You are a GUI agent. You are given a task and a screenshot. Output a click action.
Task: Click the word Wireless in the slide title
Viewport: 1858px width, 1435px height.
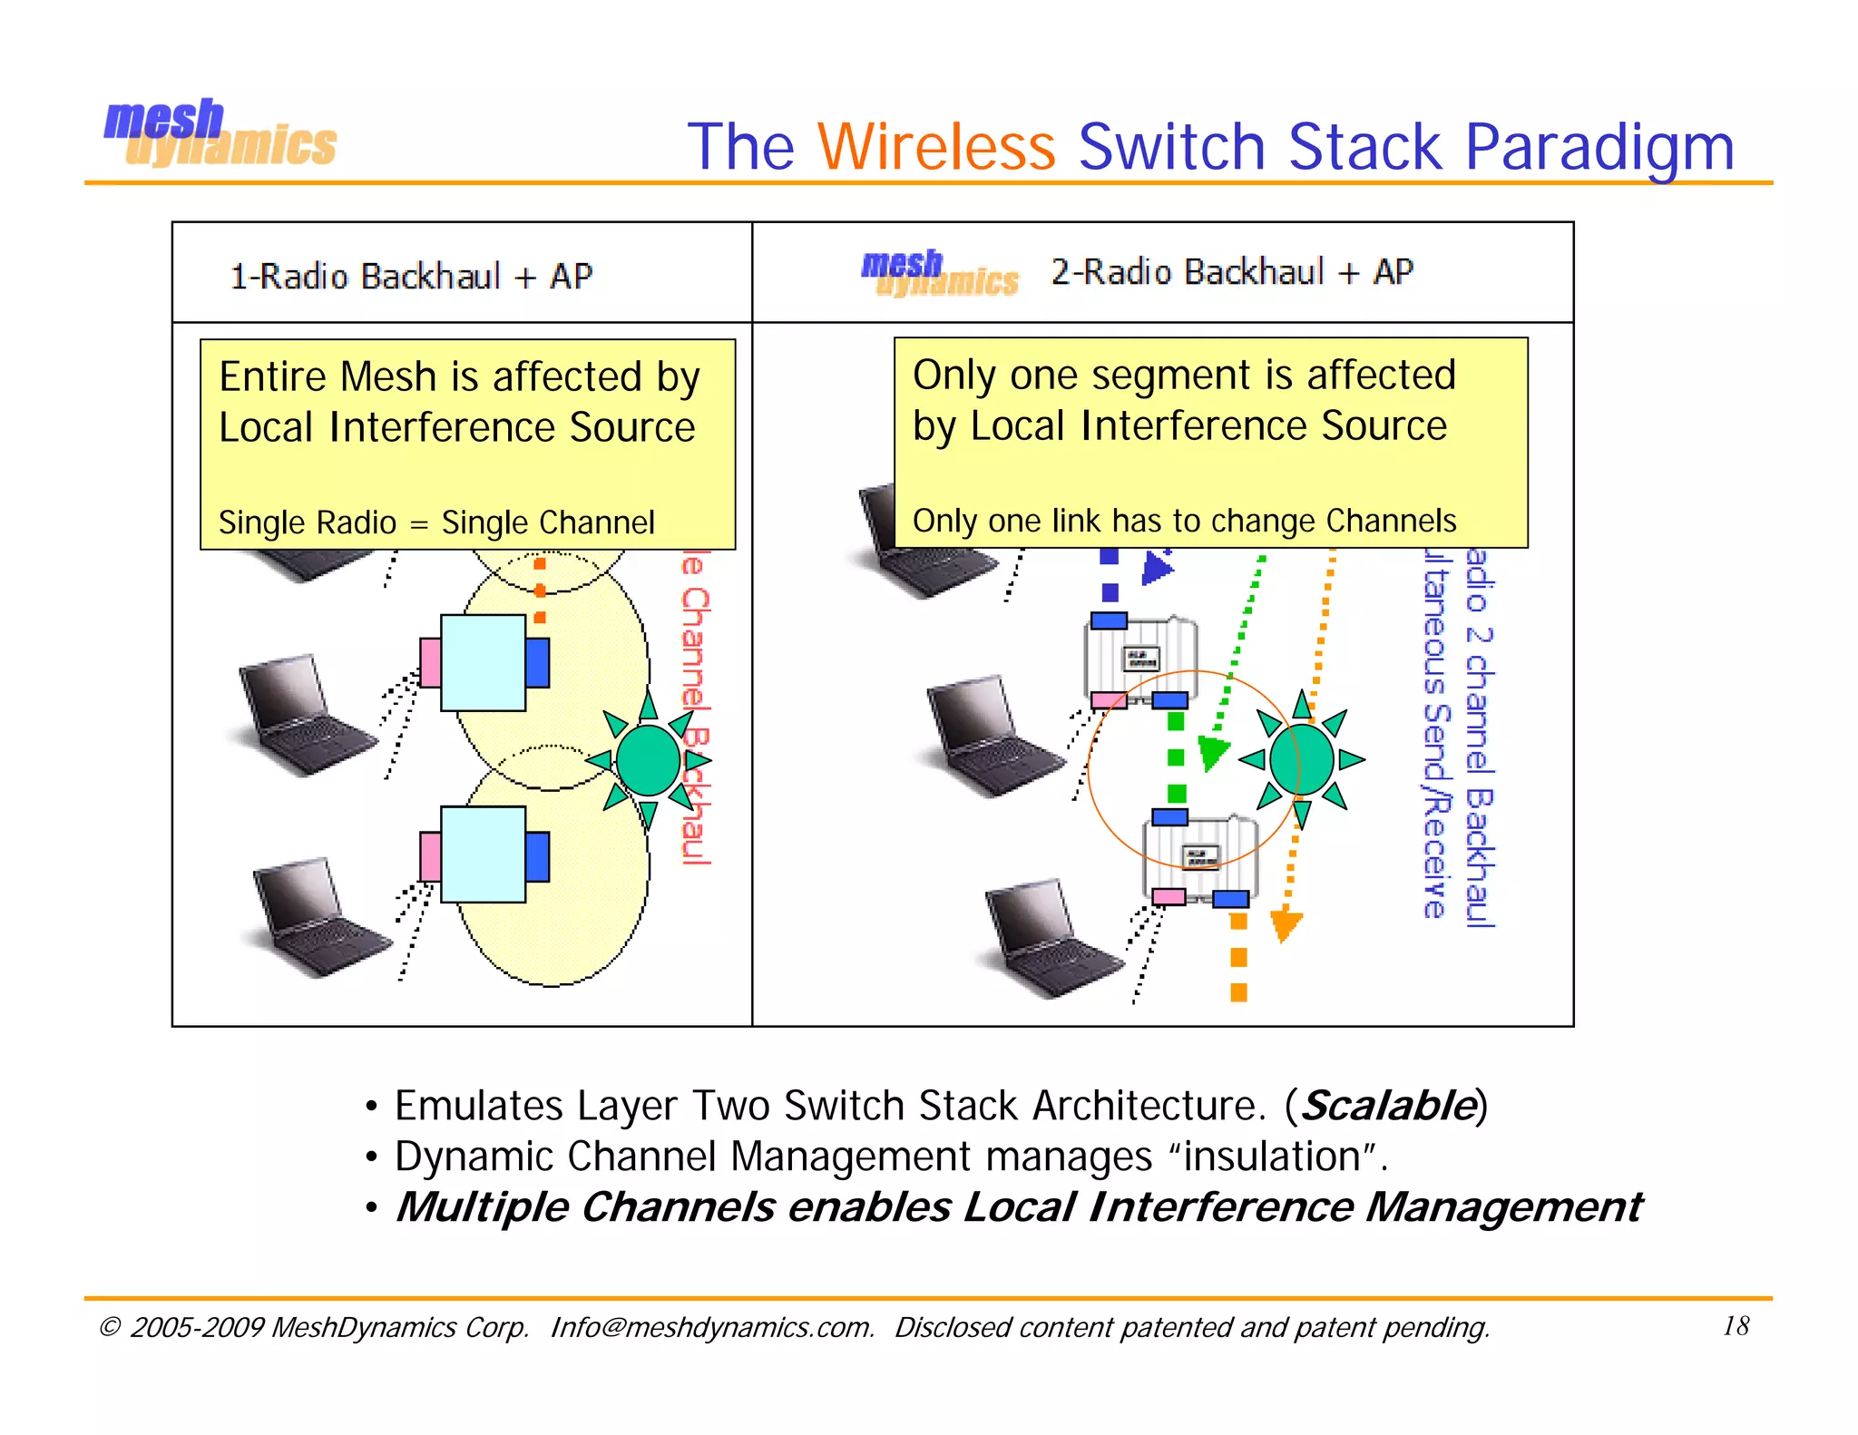pyautogui.click(x=936, y=146)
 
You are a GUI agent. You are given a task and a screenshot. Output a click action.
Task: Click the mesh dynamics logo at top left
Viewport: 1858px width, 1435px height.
pyautogui.click(x=220, y=134)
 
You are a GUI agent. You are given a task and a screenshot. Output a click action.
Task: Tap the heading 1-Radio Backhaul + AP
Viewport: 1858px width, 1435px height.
pyautogui.click(x=411, y=276)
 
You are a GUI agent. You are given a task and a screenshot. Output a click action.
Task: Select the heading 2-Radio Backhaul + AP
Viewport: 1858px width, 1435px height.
pyautogui.click(x=1231, y=271)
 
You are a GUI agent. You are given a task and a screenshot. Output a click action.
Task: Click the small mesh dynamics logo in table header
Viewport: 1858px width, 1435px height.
pyautogui.click(x=939, y=273)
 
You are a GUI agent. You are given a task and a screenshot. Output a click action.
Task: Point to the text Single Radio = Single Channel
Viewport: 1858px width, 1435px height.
pyautogui.click(x=436, y=522)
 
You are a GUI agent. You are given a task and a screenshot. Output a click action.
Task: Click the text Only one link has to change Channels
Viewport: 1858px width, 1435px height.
pyautogui.click(x=1184, y=521)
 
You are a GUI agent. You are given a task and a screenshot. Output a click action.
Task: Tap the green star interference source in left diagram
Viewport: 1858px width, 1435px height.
pyautogui.click(x=648, y=760)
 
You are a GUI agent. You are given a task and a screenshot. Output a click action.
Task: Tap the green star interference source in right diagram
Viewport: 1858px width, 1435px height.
pyautogui.click(x=1302, y=759)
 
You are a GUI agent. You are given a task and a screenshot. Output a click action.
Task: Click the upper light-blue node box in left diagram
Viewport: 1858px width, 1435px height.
pyautogui.click(x=483, y=662)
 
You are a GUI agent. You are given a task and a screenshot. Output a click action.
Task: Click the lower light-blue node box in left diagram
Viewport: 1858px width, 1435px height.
pyautogui.click(x=483, y=854)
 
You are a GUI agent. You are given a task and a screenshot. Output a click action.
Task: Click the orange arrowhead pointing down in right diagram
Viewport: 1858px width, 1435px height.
pyautogui.click(x=1285, y=925)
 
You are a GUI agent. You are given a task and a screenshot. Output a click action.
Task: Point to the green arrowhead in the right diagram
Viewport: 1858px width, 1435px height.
pyautogui.click(x=1212, y=751)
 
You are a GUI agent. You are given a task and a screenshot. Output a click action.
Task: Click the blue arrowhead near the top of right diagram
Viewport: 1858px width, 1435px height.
pyautogui.click(x=1156, y=570)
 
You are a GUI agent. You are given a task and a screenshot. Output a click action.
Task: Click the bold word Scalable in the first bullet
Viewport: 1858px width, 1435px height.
pyautogui.click(x=1388, y=1105)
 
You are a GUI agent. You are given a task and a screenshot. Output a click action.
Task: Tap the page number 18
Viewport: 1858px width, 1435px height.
pyautogui.click(x=1736, y=1326)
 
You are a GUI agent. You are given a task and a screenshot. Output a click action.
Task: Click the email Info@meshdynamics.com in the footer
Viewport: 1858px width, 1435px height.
pyautogui.click(x=711, y=1327)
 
